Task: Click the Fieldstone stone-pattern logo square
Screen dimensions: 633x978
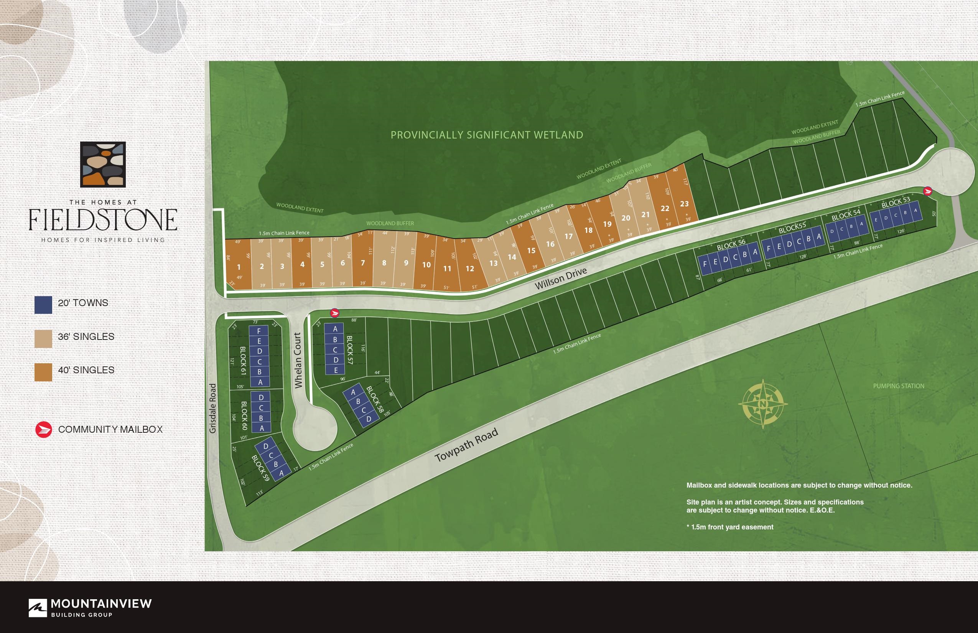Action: click(x=103, y=165)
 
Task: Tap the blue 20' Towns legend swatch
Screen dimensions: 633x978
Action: click(x=43, y=305)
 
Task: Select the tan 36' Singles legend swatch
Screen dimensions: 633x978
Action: click(x=43, y=338)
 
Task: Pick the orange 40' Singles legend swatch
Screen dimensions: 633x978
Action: click(x=43, y=372)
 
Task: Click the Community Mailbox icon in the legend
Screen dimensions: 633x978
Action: click(x=44, y=430)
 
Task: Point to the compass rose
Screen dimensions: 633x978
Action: click(x=763, y=404)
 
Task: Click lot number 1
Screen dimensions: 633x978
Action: click(x=238, y=267)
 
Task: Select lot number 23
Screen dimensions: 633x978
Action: click(x=684, y=203)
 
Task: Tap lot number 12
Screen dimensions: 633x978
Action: click(x=470, y=269)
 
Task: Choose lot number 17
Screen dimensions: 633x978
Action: click(x=568, y=236)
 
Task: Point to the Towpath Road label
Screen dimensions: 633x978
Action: click(x=466, y=445)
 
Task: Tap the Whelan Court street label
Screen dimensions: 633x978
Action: click(x=298, y=360)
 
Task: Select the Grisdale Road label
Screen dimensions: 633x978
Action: click(x=212, y=408)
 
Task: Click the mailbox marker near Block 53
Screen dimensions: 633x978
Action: click(x=927, y=191)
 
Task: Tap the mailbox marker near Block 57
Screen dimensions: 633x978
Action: click(x=335, y=313)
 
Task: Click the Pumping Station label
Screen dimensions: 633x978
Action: click(x=899, y=386)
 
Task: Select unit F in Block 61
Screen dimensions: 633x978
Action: click(x=259, y=331)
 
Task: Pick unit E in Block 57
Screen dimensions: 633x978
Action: click(x=336, y=370)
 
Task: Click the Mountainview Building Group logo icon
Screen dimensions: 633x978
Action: click(x=38, y=608)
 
